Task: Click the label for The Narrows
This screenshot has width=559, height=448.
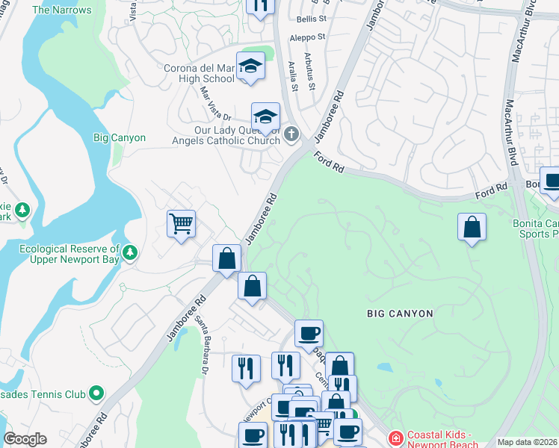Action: (x=62, y=10)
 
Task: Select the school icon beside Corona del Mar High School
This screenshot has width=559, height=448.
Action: (x=251, y=66)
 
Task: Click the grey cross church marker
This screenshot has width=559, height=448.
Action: (x=291, y=134)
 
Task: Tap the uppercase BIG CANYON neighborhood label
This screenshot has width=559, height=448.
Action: (x=400, y=314)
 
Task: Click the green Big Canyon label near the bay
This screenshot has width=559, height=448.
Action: (x=114, y=138)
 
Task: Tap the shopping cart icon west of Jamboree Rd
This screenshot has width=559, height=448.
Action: (x=181, y=223)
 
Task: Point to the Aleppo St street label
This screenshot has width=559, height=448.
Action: (x=312, y=37)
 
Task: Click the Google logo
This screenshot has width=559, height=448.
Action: (x=25, y=439)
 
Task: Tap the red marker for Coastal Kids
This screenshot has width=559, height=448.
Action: (x=395, y=437)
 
